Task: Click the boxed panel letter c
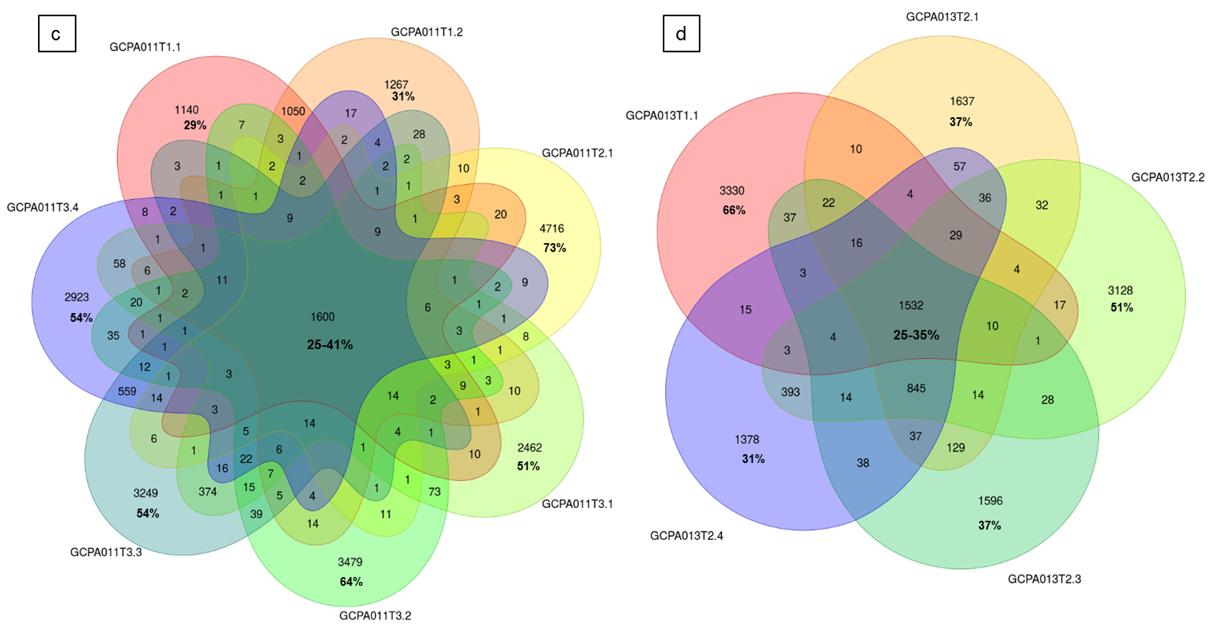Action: pyautogui.click(x=56, y=34)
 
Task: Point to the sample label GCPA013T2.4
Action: pyautogui.click(x=686, y=535)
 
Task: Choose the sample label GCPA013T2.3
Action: pyautogui.click(x=1044, y=579)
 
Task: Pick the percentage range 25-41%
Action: pyautogui.click(x=330, y=345)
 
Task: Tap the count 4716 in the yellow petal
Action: pyautogui.click(x=551, y=229)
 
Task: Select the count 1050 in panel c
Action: pyautogui.click(x=293, y=111)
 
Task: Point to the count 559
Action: pyautogui.click(x=127, y=391)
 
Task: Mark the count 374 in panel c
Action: pyautogui.click(x=207, y=492)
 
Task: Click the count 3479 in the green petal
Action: pyautogui.click(x=350, y=562)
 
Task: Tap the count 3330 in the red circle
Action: pyautogui.click(x=732, y=190)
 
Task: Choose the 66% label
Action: pyautogui.click(x=734, y=210)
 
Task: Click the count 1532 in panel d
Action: pyautogui.click(x=911, y=306)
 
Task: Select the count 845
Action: pyautogui.click(x=916, y=388)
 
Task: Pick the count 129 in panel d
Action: pyautogui.click(x=955, y=448)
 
